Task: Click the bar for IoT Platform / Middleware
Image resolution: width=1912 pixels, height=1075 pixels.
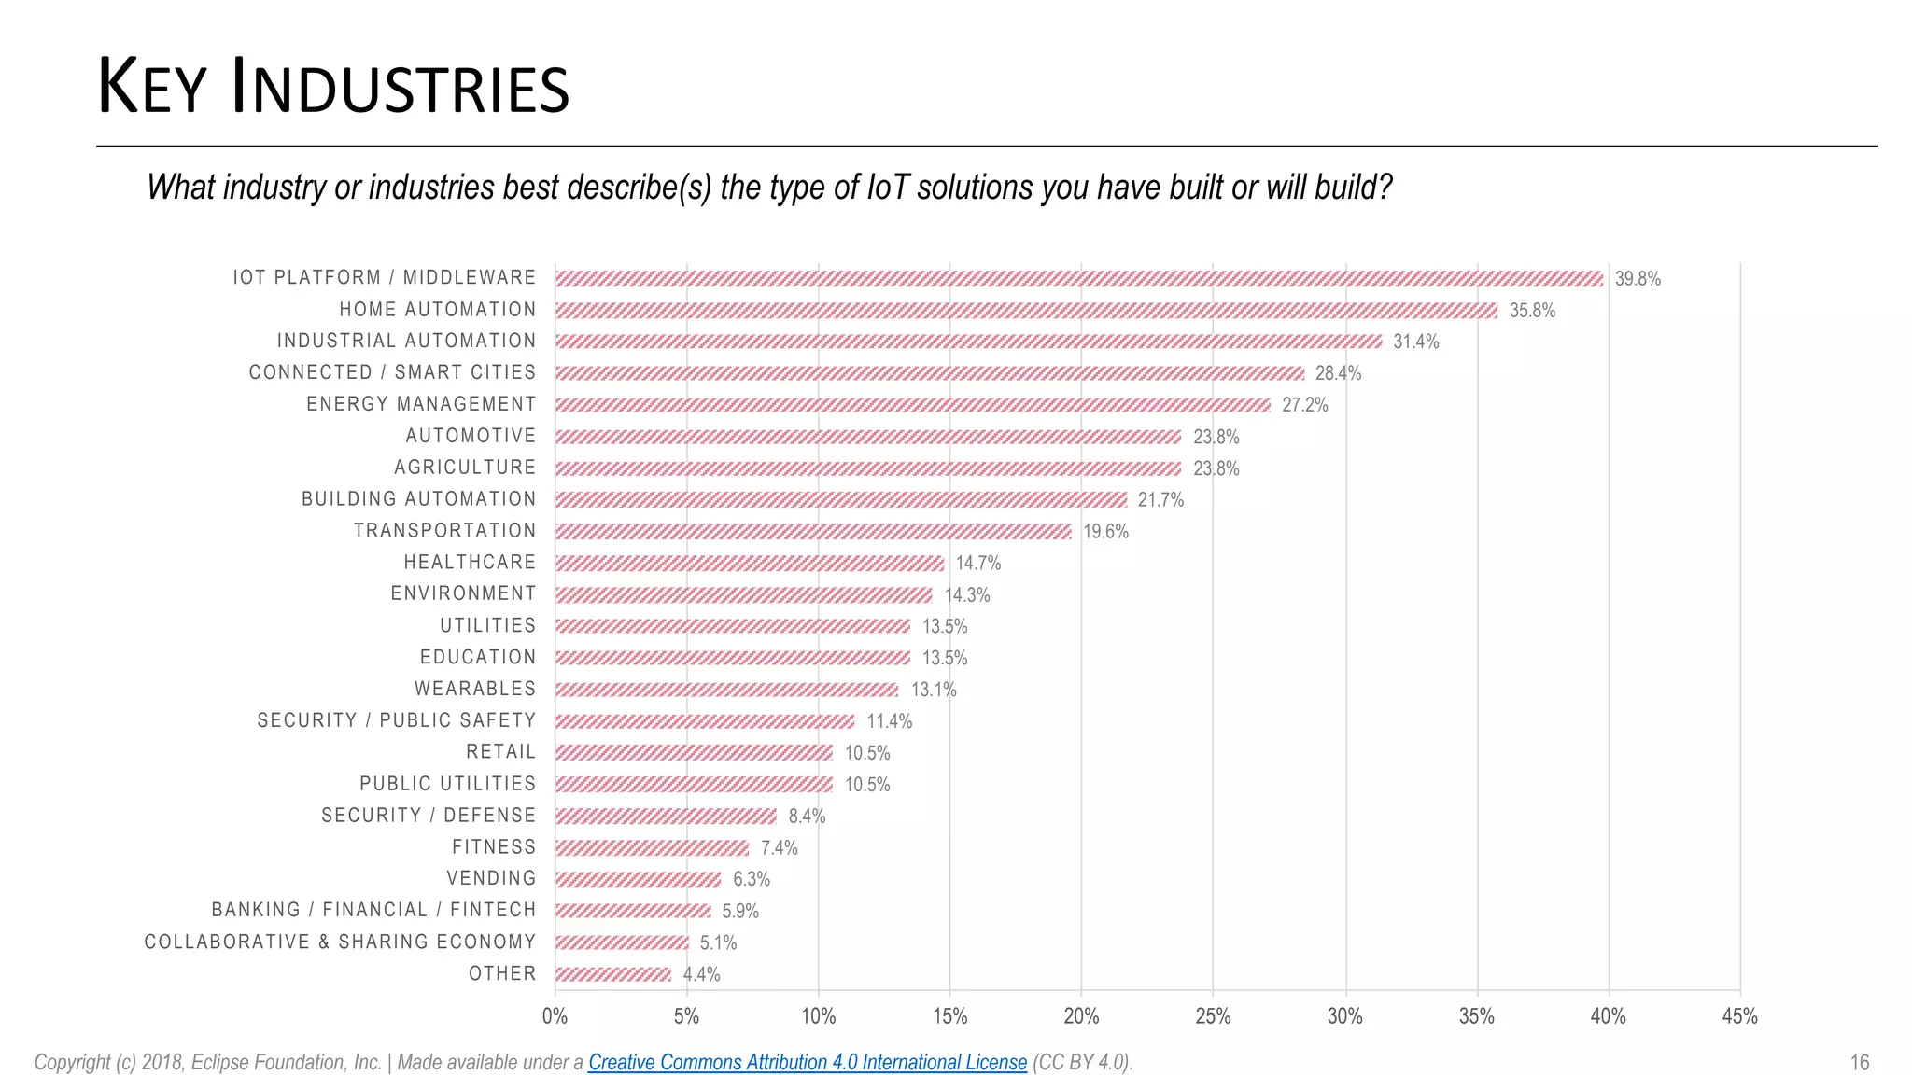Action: [x=1078, y=278]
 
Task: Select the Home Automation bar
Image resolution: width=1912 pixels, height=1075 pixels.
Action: [x=1025, y=310]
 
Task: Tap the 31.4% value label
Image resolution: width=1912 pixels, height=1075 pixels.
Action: [x=1415, y=342]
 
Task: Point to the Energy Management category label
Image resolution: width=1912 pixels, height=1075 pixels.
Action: [x=421, y=404]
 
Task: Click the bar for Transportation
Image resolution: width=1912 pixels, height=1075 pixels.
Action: [x=812, y=531]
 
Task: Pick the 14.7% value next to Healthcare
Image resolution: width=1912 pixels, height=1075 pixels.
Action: [x=977, y=563]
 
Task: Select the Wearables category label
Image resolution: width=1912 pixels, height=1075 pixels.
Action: [x=475, y=689]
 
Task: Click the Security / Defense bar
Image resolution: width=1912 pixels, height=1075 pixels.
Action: [x=666, y=816]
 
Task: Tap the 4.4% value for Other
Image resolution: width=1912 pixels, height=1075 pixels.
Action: [x=701, y=974]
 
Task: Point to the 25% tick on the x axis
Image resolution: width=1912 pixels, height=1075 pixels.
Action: [x=1213, y=1016]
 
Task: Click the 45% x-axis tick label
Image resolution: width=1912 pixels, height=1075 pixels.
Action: [x=1739, y=1016]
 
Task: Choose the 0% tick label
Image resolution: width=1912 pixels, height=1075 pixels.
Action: [x=555, y=1016]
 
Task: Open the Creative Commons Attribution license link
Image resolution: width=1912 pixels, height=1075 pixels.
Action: [x=807, y=1062]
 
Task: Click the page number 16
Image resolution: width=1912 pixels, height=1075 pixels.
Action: [x=1859, y=1062]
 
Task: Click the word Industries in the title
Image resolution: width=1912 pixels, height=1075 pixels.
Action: [x=400, y=89]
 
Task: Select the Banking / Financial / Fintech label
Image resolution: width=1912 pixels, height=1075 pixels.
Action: [x=373, y=910]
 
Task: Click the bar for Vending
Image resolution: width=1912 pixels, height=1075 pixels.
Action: [x=638, y=879]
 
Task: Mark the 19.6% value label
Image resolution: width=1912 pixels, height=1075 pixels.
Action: [x=1105, y=531]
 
